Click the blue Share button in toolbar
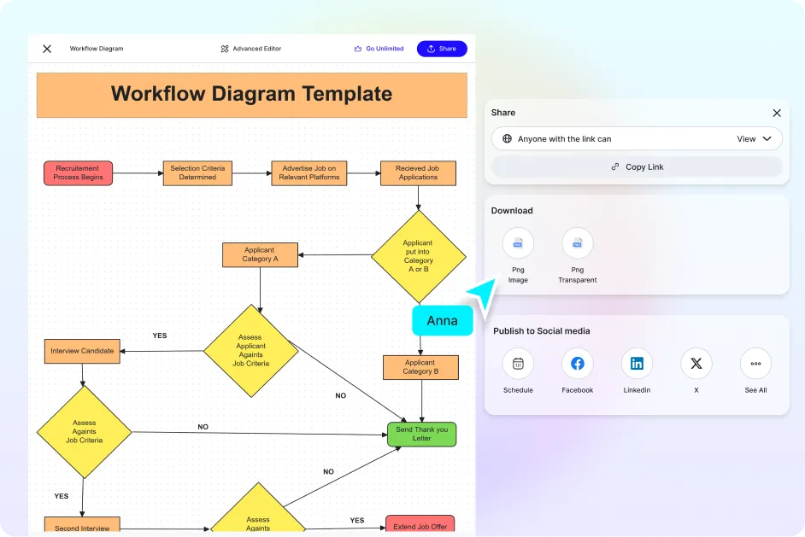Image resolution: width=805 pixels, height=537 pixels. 442,49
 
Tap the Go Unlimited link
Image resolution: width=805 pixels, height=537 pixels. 379,49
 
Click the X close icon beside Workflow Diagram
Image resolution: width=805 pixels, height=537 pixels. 47,49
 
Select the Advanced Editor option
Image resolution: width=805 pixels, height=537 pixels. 250,49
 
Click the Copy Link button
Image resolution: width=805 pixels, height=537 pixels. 637,166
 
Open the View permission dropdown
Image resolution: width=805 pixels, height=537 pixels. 755,138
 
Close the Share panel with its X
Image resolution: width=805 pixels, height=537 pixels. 776,113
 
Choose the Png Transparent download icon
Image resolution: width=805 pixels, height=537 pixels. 578,243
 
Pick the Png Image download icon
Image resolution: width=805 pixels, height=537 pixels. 518,243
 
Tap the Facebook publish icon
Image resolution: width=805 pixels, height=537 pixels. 577,364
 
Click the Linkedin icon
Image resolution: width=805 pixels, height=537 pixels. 637,364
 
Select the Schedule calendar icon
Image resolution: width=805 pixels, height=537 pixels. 518,364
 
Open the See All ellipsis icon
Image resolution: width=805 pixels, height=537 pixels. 755,364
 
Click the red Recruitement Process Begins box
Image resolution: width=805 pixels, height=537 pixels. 79,173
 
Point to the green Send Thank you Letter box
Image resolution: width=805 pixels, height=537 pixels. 421,434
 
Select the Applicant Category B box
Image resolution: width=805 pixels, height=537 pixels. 420,367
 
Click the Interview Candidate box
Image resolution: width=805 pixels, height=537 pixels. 82,351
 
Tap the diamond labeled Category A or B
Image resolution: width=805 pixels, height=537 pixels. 418,256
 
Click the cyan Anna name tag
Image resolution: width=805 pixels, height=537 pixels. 443,321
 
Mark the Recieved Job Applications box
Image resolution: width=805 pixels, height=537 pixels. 418,173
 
